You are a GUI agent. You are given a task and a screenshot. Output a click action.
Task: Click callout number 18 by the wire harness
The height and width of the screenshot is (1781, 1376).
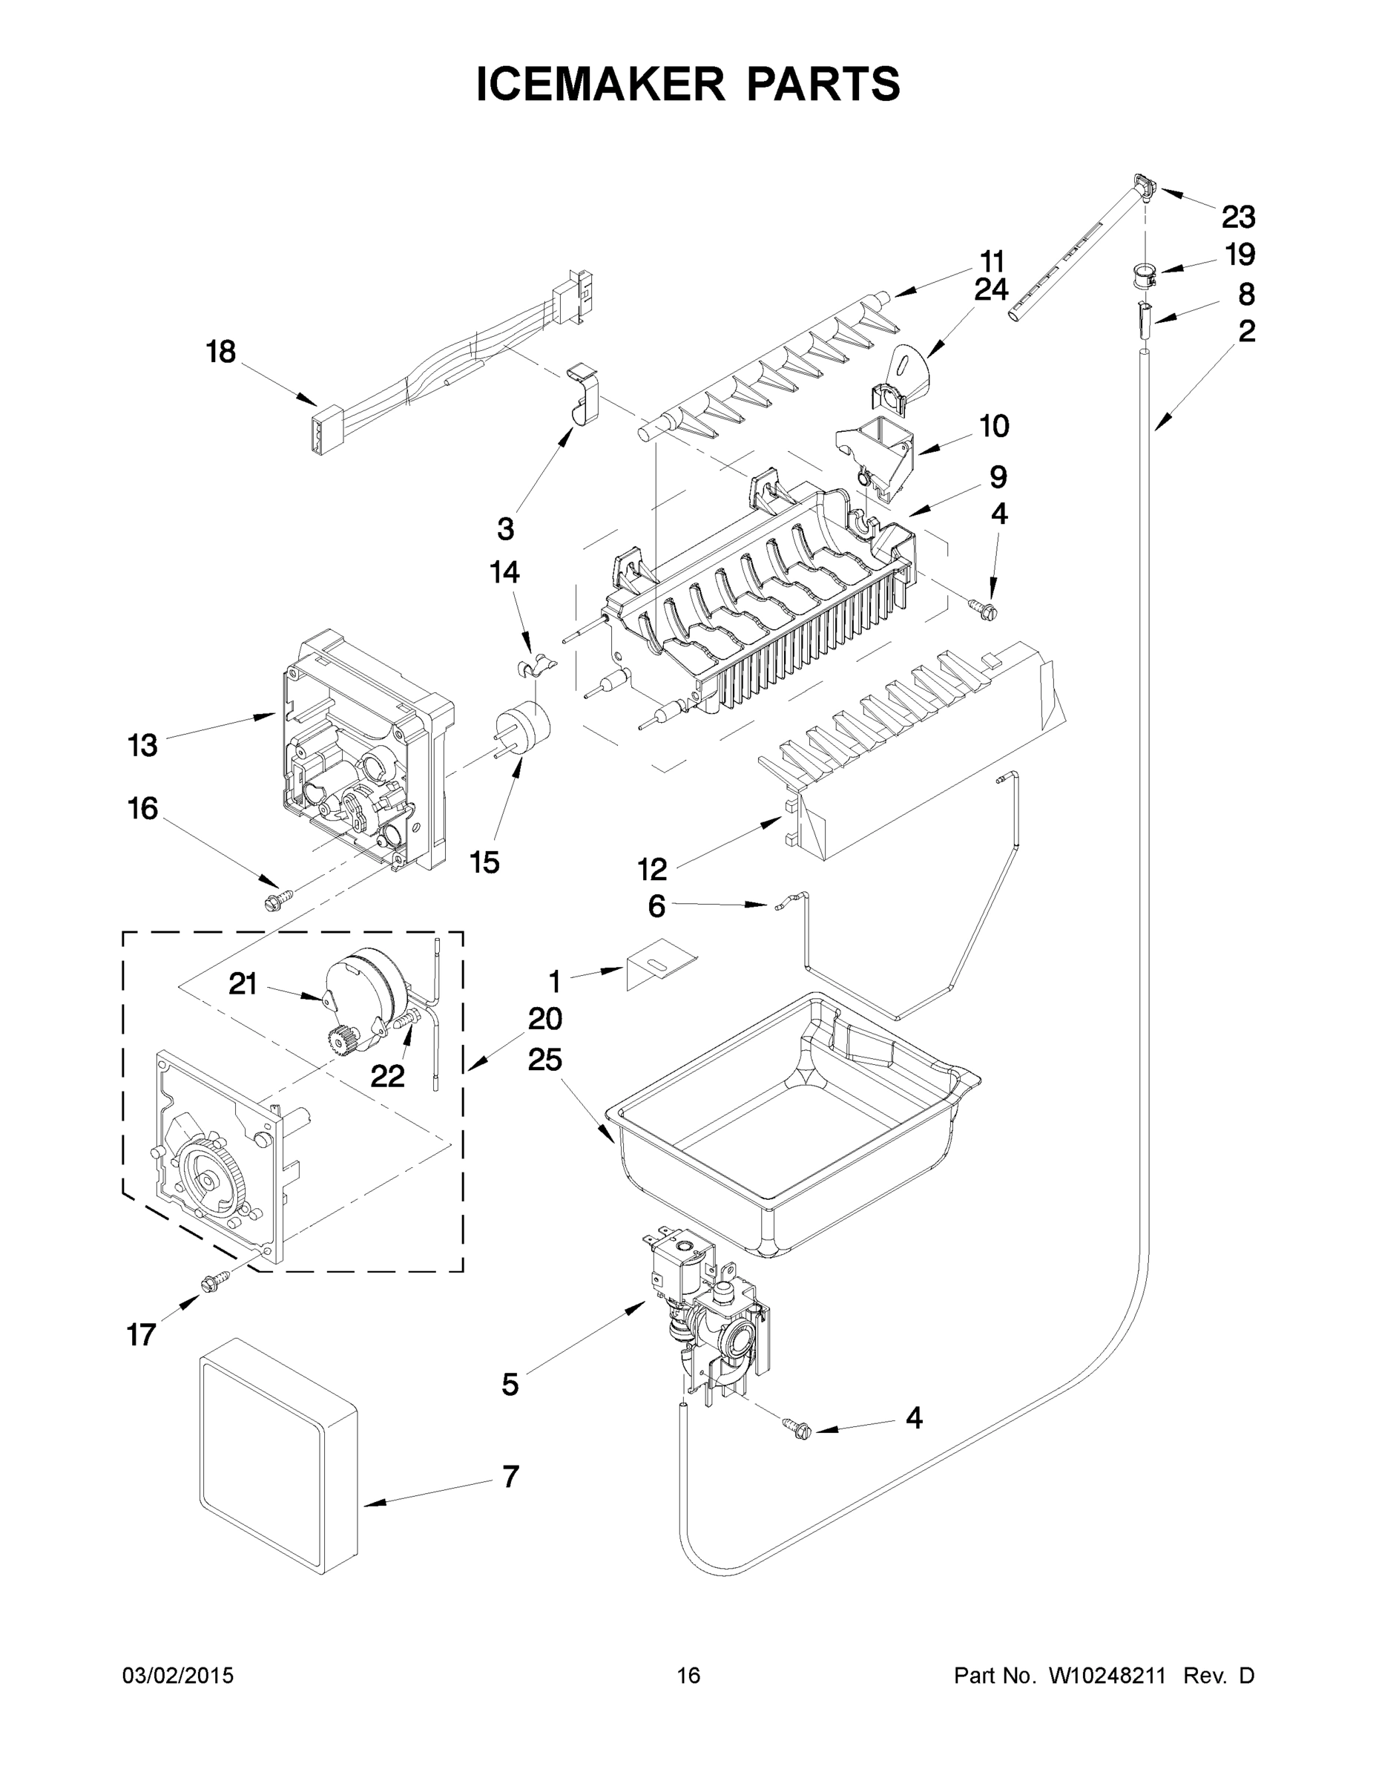[220, 352]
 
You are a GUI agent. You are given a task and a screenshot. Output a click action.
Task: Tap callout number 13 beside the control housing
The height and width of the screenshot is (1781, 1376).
[142, 745]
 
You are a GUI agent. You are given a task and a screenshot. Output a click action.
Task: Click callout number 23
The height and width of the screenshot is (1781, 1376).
[1237, 217]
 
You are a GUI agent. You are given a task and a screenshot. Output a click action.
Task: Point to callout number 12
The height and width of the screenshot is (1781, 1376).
[652, 869]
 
